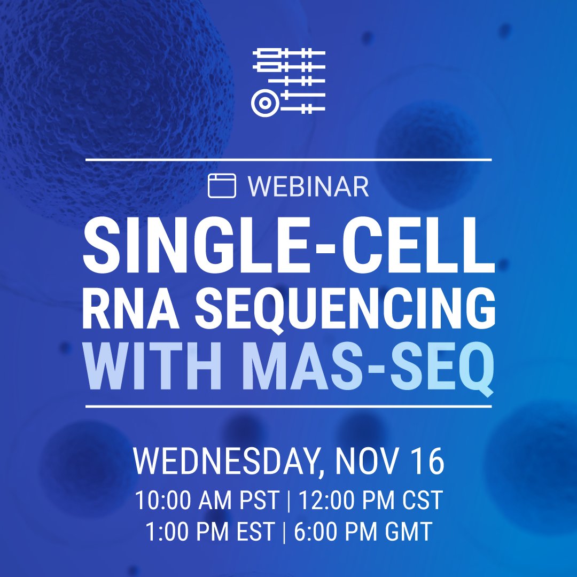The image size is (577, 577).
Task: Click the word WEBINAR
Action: pos(308,186)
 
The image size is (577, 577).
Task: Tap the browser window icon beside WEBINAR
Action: pos(222,186)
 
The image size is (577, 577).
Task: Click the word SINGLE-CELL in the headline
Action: pos(288,243)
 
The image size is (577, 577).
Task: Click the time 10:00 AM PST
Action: pos(207,501)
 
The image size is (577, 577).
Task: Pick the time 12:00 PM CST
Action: pos(370,501)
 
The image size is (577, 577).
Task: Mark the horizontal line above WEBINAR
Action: pos(288,160)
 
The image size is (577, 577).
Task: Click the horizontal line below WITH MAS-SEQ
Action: pos(288,407)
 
